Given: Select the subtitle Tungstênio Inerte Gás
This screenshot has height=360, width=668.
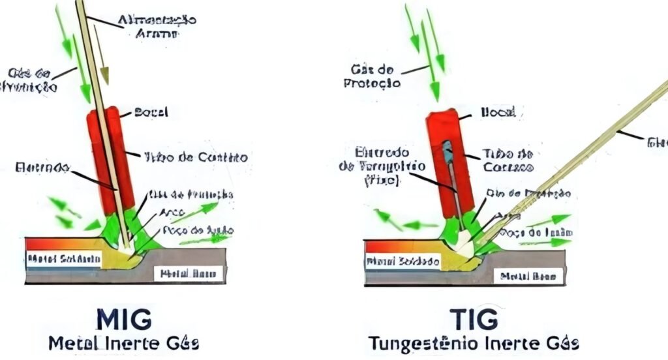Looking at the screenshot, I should (x=474, y=343).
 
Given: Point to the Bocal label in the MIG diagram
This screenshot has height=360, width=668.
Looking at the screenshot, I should (x=151, y=113).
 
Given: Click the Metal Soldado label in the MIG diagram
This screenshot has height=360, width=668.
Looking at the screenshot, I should (x=63, y=259).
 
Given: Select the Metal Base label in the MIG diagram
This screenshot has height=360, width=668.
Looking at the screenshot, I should (x=189, y=273).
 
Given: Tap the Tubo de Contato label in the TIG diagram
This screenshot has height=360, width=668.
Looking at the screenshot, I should (x=508, y=160).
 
